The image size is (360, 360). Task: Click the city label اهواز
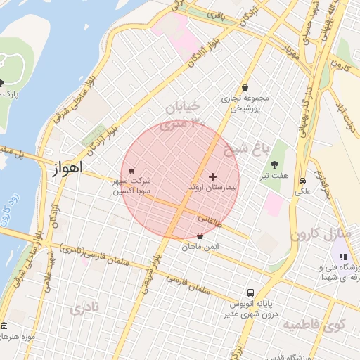pyautogui.click(x=67, y=169)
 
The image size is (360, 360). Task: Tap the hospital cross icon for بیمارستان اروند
pyautogui.click(x=213, y=176)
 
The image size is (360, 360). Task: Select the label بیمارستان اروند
pyautogui.click(x=213, y=188)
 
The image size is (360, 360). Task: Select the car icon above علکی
pyautogui.click(x=302, y=179)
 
